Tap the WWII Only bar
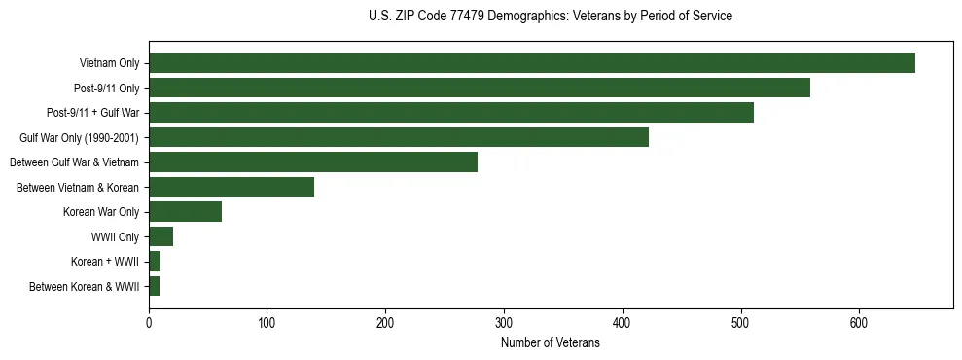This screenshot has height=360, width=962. (x=160, y=236)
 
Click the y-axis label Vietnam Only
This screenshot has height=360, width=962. (x=109, y=64)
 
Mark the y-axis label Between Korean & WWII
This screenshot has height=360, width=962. (x=85, y=287)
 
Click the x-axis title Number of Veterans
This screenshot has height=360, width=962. (x=550, y=342)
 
